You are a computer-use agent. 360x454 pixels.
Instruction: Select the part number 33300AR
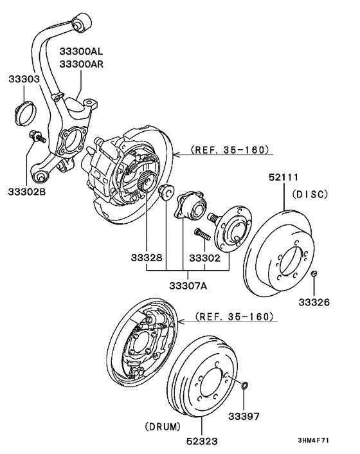(82, 64)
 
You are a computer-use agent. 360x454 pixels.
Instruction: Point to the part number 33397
(244, 416)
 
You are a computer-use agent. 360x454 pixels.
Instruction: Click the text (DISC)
(310, 194)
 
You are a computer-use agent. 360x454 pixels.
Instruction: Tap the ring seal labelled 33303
(24, 113)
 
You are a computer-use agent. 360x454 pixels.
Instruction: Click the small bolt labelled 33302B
(36, 136)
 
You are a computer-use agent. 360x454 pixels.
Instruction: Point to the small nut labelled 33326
(313, 275)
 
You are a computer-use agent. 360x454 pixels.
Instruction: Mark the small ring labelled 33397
(244, 385)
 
